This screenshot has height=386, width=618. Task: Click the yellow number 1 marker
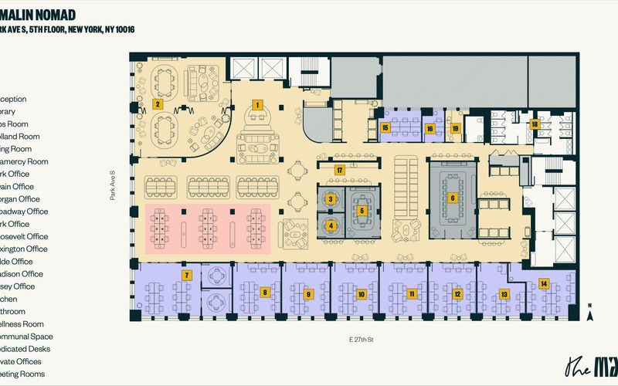(258, 103)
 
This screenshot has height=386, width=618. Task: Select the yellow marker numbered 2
(157, 103)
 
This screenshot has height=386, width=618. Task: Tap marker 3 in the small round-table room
(331, 199)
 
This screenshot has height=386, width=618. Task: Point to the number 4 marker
(331, 226)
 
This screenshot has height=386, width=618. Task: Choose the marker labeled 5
(362, 210)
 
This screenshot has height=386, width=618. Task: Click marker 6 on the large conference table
(453, 197)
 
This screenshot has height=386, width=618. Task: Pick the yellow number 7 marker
(186, 275)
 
